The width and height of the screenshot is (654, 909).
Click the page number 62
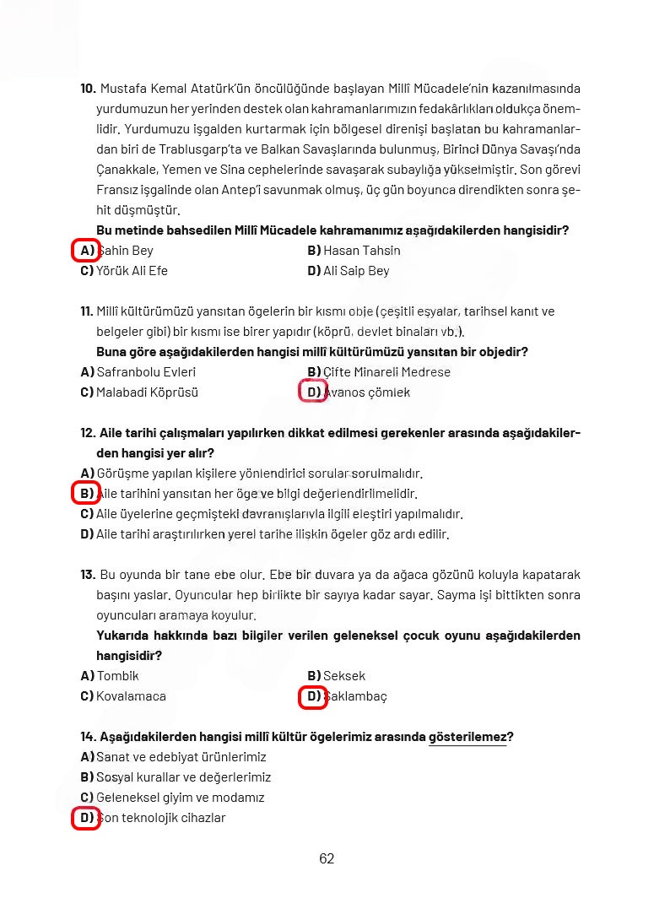tap(327, 859)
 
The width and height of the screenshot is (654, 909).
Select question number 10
tap(88, 89)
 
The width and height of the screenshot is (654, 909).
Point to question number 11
tap(87, 311)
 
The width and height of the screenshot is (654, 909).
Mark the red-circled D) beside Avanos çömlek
tap(314, 392)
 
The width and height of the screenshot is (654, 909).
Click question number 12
tap(88, 433)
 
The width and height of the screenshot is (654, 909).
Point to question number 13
tap(88, 575)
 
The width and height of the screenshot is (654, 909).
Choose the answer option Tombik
tap(117, 676)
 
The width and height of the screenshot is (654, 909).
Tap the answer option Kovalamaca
tap(131, 696)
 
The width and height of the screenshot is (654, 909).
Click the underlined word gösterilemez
tap(468, 737)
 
